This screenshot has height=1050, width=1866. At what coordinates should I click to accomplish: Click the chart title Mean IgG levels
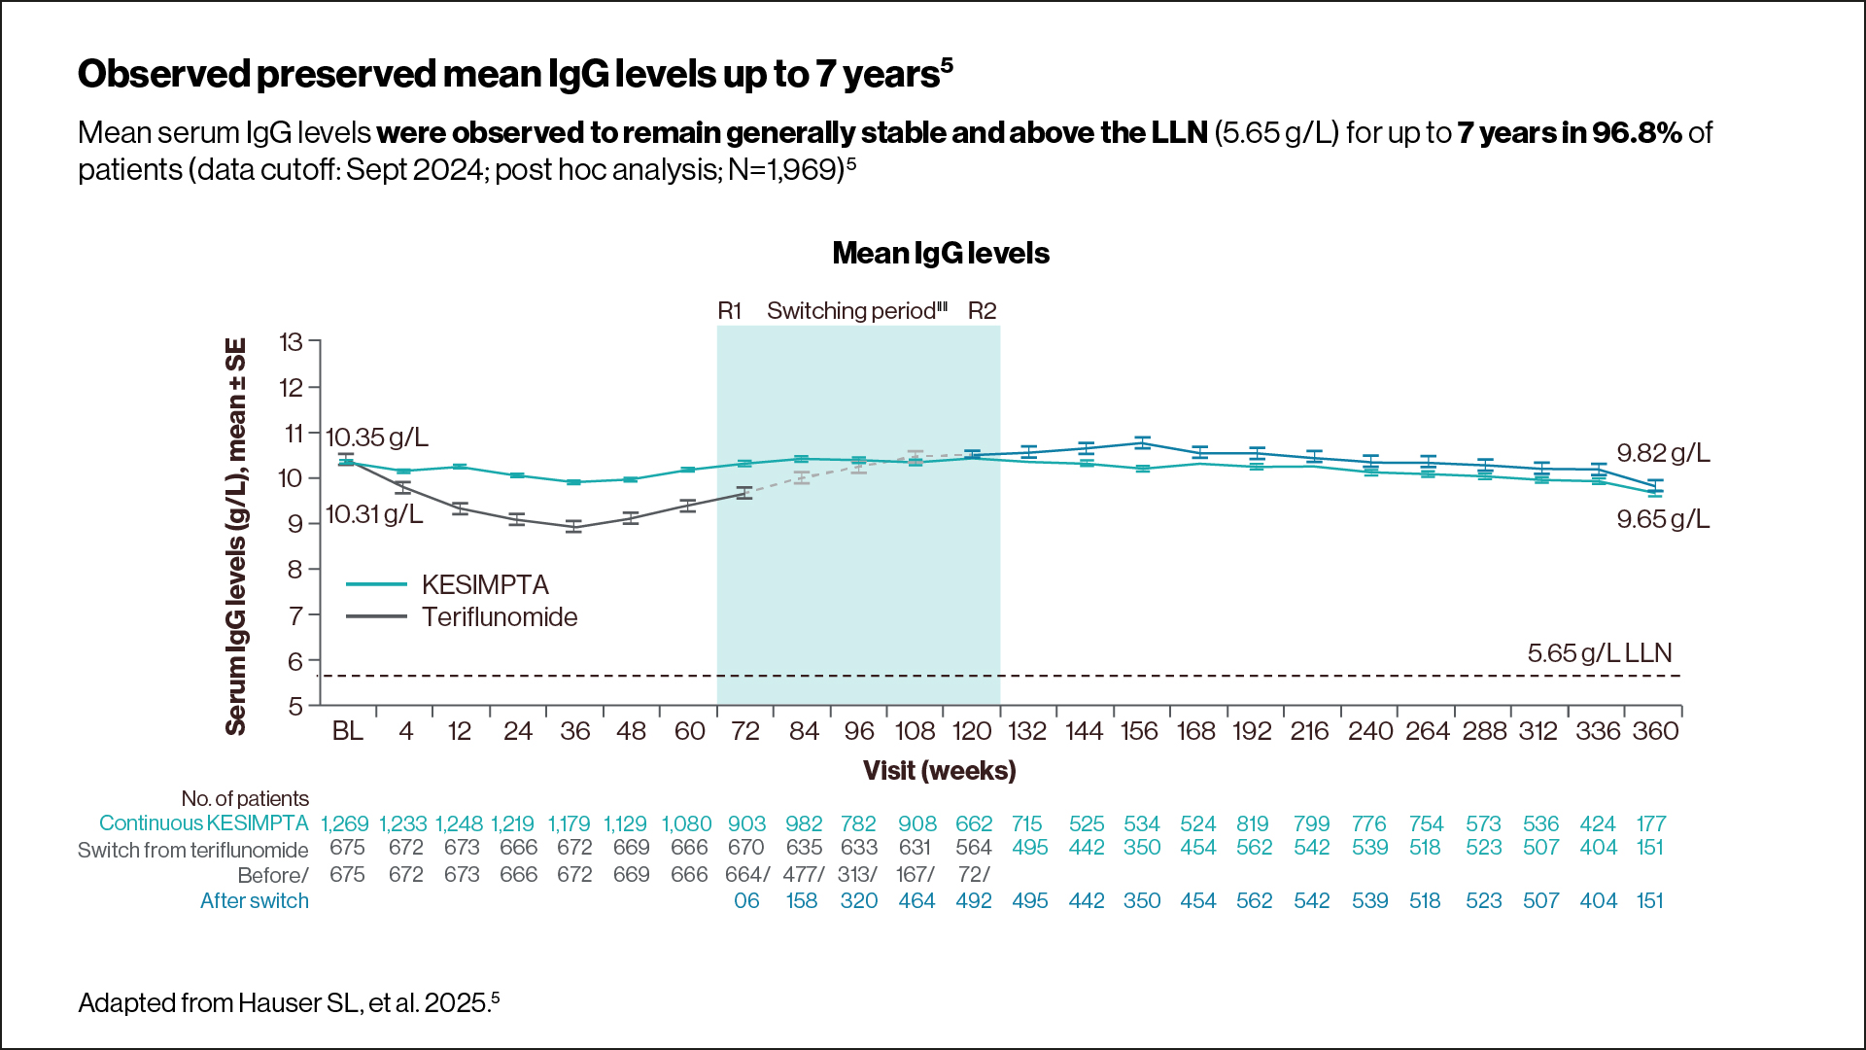940,254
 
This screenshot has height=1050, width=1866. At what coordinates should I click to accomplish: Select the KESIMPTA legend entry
484,584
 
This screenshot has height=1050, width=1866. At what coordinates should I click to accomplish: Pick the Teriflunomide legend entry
499,617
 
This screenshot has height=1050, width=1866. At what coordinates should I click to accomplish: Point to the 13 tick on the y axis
291,342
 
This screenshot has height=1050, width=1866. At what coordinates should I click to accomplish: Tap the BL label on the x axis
347,731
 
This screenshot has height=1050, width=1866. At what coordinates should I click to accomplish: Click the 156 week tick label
1139,731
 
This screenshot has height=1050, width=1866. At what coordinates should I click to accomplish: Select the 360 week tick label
1655,731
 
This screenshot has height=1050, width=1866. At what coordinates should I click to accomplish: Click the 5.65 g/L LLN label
1599,653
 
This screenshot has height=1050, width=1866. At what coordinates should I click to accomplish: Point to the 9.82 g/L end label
1662,453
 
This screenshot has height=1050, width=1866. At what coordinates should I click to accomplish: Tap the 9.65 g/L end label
1662,519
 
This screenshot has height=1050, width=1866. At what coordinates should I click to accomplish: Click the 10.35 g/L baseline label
376,437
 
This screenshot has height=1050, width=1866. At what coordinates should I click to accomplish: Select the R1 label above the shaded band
729,311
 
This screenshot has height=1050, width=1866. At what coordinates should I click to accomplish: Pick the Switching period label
855,311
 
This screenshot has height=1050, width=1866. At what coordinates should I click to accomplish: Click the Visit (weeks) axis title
939,771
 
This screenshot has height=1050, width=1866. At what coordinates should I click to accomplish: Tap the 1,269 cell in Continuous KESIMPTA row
345,824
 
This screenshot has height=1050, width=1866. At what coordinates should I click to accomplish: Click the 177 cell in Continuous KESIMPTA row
1650,824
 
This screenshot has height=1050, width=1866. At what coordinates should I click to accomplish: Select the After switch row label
254,901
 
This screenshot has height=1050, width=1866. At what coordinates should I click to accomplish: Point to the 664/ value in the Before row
746,875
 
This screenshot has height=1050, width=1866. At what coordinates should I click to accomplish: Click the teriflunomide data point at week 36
574,527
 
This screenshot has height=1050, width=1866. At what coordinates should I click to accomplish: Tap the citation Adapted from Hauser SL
289,1003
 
